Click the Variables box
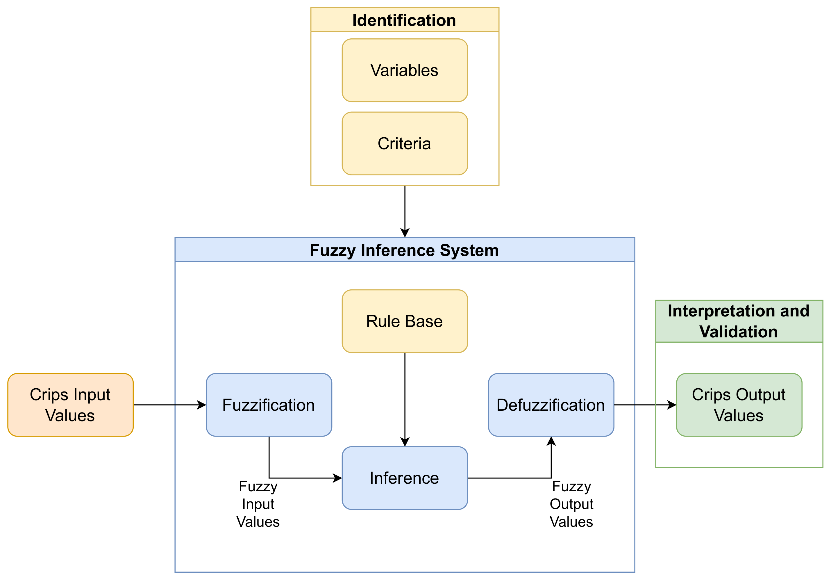(405, 70)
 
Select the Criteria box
(405, 143)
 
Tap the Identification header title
(404, 20)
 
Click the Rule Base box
(405, 321)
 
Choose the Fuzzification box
(269, 405)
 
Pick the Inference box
(405, 478)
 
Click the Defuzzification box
(551, 405)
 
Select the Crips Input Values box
(70, 405)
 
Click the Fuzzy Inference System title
(404, 250)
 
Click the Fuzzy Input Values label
(258, 504)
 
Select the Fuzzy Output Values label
(571, 504)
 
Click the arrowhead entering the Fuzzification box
(202, 405)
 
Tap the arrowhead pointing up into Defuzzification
(551, 441)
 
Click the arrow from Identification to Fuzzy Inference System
(405, 210)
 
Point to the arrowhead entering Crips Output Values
(672, 405)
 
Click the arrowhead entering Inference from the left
(337, 478)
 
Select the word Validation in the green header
(738, 332)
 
